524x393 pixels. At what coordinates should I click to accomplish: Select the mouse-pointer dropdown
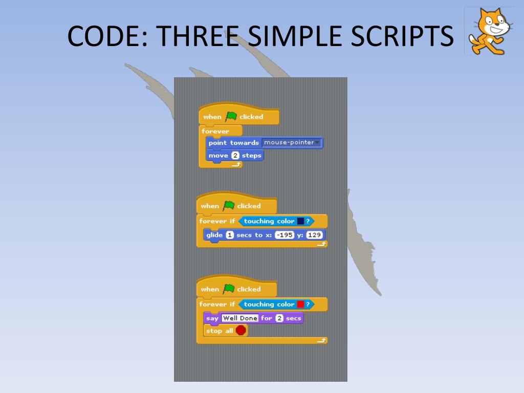(292, 142)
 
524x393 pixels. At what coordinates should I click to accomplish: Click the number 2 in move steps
(235, 156)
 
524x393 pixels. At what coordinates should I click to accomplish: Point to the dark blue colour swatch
(301, 222)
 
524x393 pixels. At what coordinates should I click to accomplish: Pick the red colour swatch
(301, 304)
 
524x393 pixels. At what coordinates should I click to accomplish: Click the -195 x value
(284, 235)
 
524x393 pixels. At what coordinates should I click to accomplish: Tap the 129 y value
(314, 235)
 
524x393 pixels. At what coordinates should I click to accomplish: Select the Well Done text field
(240, 318)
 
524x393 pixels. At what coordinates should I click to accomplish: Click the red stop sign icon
(241, 331)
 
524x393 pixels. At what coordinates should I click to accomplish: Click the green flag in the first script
(231, 116)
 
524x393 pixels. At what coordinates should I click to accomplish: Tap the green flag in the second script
(228, 206)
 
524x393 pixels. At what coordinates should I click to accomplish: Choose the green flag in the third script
(228, 289)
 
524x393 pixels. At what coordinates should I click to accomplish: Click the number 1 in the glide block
(230, 235)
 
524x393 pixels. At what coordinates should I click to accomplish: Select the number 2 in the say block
(279, 318)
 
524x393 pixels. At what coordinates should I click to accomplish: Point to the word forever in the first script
(215, 131)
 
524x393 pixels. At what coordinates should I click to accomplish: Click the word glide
(214, 235)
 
